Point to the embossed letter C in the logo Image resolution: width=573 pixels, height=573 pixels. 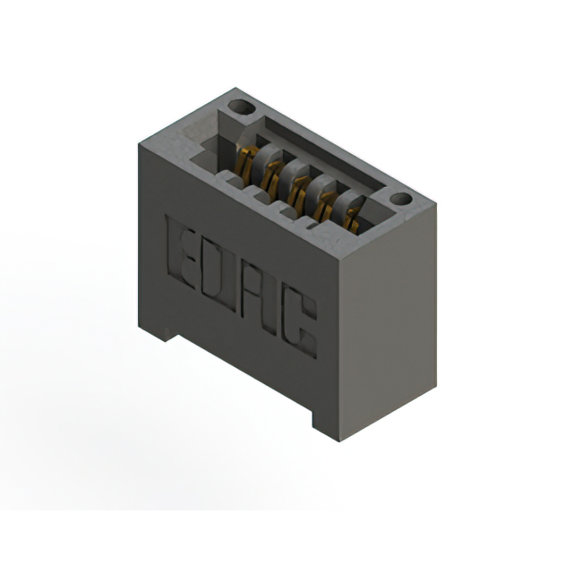coord(304,330)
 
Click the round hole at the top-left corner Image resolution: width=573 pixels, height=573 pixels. coord(239,107)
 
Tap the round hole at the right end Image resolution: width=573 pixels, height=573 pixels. coord(400,198)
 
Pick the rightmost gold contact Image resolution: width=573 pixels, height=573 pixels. coord(352,219)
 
